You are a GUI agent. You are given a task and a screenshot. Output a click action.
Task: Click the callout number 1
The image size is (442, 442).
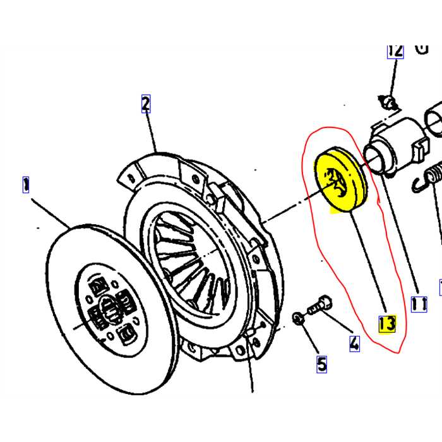[26, 185]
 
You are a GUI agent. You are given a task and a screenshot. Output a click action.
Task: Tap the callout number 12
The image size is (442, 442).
[395, 51]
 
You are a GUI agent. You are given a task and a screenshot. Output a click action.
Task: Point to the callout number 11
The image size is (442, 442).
[418, 305]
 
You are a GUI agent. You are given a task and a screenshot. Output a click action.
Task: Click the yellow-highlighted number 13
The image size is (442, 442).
[386, 324]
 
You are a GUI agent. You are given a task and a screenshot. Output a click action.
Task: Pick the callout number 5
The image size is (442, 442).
[321, 364]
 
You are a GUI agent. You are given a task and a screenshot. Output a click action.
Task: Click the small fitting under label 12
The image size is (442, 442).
[389, 100]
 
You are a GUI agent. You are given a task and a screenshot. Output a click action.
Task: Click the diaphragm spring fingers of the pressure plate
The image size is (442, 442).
[183, 253]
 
